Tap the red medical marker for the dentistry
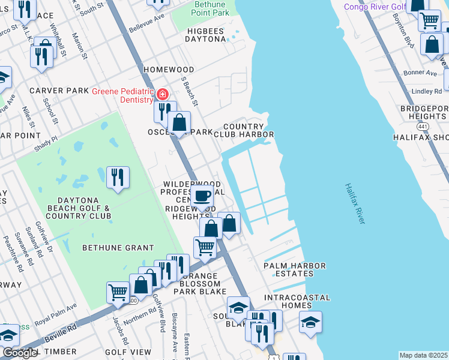coord(161,95)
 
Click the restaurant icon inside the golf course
coord(117,177)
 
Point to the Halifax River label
coord(355,205)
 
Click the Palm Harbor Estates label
coord(295,269)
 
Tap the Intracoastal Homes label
coord(298,301)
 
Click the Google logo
coord(20,353)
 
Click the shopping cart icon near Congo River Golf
coord(429,20)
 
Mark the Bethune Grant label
coord(118,248)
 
